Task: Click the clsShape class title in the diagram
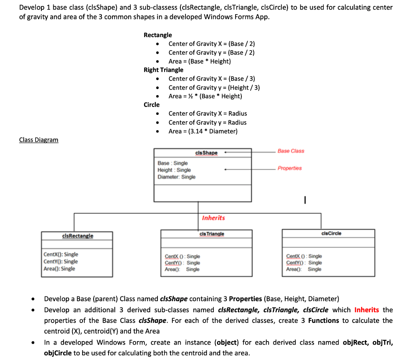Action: point(206,153)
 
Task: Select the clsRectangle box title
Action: point(78,236)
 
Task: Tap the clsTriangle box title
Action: point(212,234)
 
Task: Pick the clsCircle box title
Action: point(331,233)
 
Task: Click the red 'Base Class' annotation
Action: point(291,151)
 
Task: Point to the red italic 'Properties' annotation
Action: point(290,168)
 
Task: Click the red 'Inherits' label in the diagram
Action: point(213,218)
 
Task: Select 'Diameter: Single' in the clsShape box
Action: point(176,177)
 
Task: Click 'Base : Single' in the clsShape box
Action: point(172,163)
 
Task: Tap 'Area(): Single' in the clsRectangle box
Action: point(60,269)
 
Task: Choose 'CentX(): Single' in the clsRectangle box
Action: point(61,255)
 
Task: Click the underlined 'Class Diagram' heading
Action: point(39,140)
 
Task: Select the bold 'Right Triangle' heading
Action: point(163,70)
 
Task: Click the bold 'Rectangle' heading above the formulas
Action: point(158,35)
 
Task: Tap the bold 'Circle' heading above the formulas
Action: point(151,105)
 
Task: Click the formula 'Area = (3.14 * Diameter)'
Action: point(203,131)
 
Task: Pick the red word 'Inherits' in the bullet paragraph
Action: point(367,310)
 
